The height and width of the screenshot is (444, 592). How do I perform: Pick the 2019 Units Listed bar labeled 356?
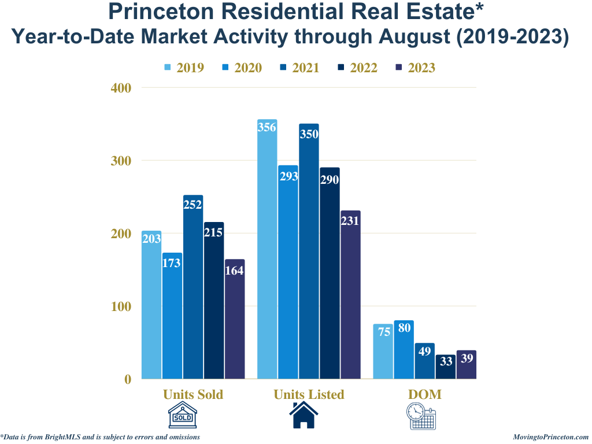(267, 249)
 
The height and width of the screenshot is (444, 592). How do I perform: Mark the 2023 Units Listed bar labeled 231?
(350, 295)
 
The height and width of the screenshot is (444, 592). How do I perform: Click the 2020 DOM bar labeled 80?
(404, 350)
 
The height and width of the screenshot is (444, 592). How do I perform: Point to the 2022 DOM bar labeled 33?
(445, 367)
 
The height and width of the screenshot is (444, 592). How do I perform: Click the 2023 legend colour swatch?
(399, 68)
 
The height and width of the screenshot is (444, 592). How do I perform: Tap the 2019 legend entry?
(184, 68)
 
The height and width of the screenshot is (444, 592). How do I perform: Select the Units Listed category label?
(309, 394)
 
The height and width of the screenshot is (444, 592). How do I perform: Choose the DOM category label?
(424, 394)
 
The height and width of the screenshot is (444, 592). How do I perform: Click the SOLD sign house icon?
(183, 416)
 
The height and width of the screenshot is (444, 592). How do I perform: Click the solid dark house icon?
(304, 416)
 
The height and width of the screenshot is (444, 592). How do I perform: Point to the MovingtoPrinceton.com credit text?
(550, 437)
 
